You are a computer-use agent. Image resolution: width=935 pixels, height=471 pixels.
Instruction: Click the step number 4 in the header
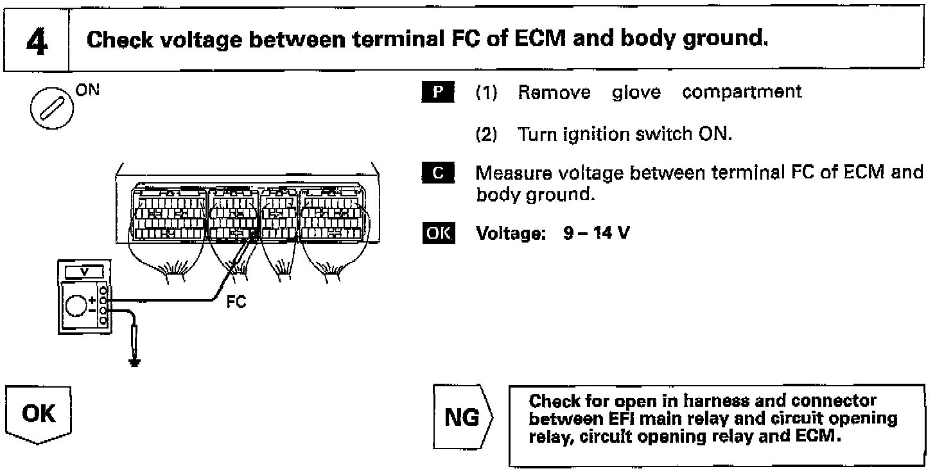37,40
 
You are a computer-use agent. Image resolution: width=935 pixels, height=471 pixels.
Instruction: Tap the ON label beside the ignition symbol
88,90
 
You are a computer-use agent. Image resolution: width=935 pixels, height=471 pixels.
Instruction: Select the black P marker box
439,92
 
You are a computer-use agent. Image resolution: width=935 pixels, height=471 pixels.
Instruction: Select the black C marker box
439,173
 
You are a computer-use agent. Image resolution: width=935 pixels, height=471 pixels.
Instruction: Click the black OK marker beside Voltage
439,232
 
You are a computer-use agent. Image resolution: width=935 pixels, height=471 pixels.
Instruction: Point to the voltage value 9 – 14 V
596,232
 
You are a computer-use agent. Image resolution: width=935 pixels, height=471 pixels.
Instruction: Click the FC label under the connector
236,301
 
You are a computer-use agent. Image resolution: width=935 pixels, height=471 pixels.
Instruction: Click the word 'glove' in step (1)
636,92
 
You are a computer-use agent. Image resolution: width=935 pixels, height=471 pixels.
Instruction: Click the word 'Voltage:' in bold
511,232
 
